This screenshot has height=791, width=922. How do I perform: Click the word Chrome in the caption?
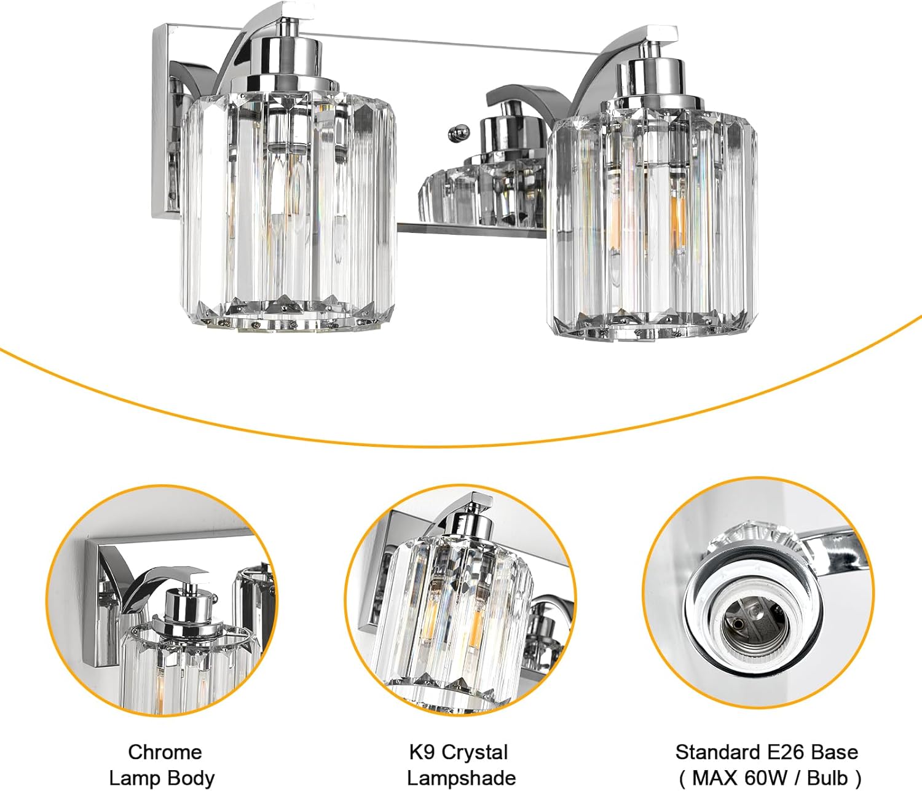[164, 752]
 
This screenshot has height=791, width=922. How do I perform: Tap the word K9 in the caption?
[421, 752]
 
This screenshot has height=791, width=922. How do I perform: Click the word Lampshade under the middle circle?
[461, 777]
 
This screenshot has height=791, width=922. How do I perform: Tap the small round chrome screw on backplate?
[455, 132]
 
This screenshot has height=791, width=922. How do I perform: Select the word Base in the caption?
[834, 752]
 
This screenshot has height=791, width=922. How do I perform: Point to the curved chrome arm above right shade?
[605, 68]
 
